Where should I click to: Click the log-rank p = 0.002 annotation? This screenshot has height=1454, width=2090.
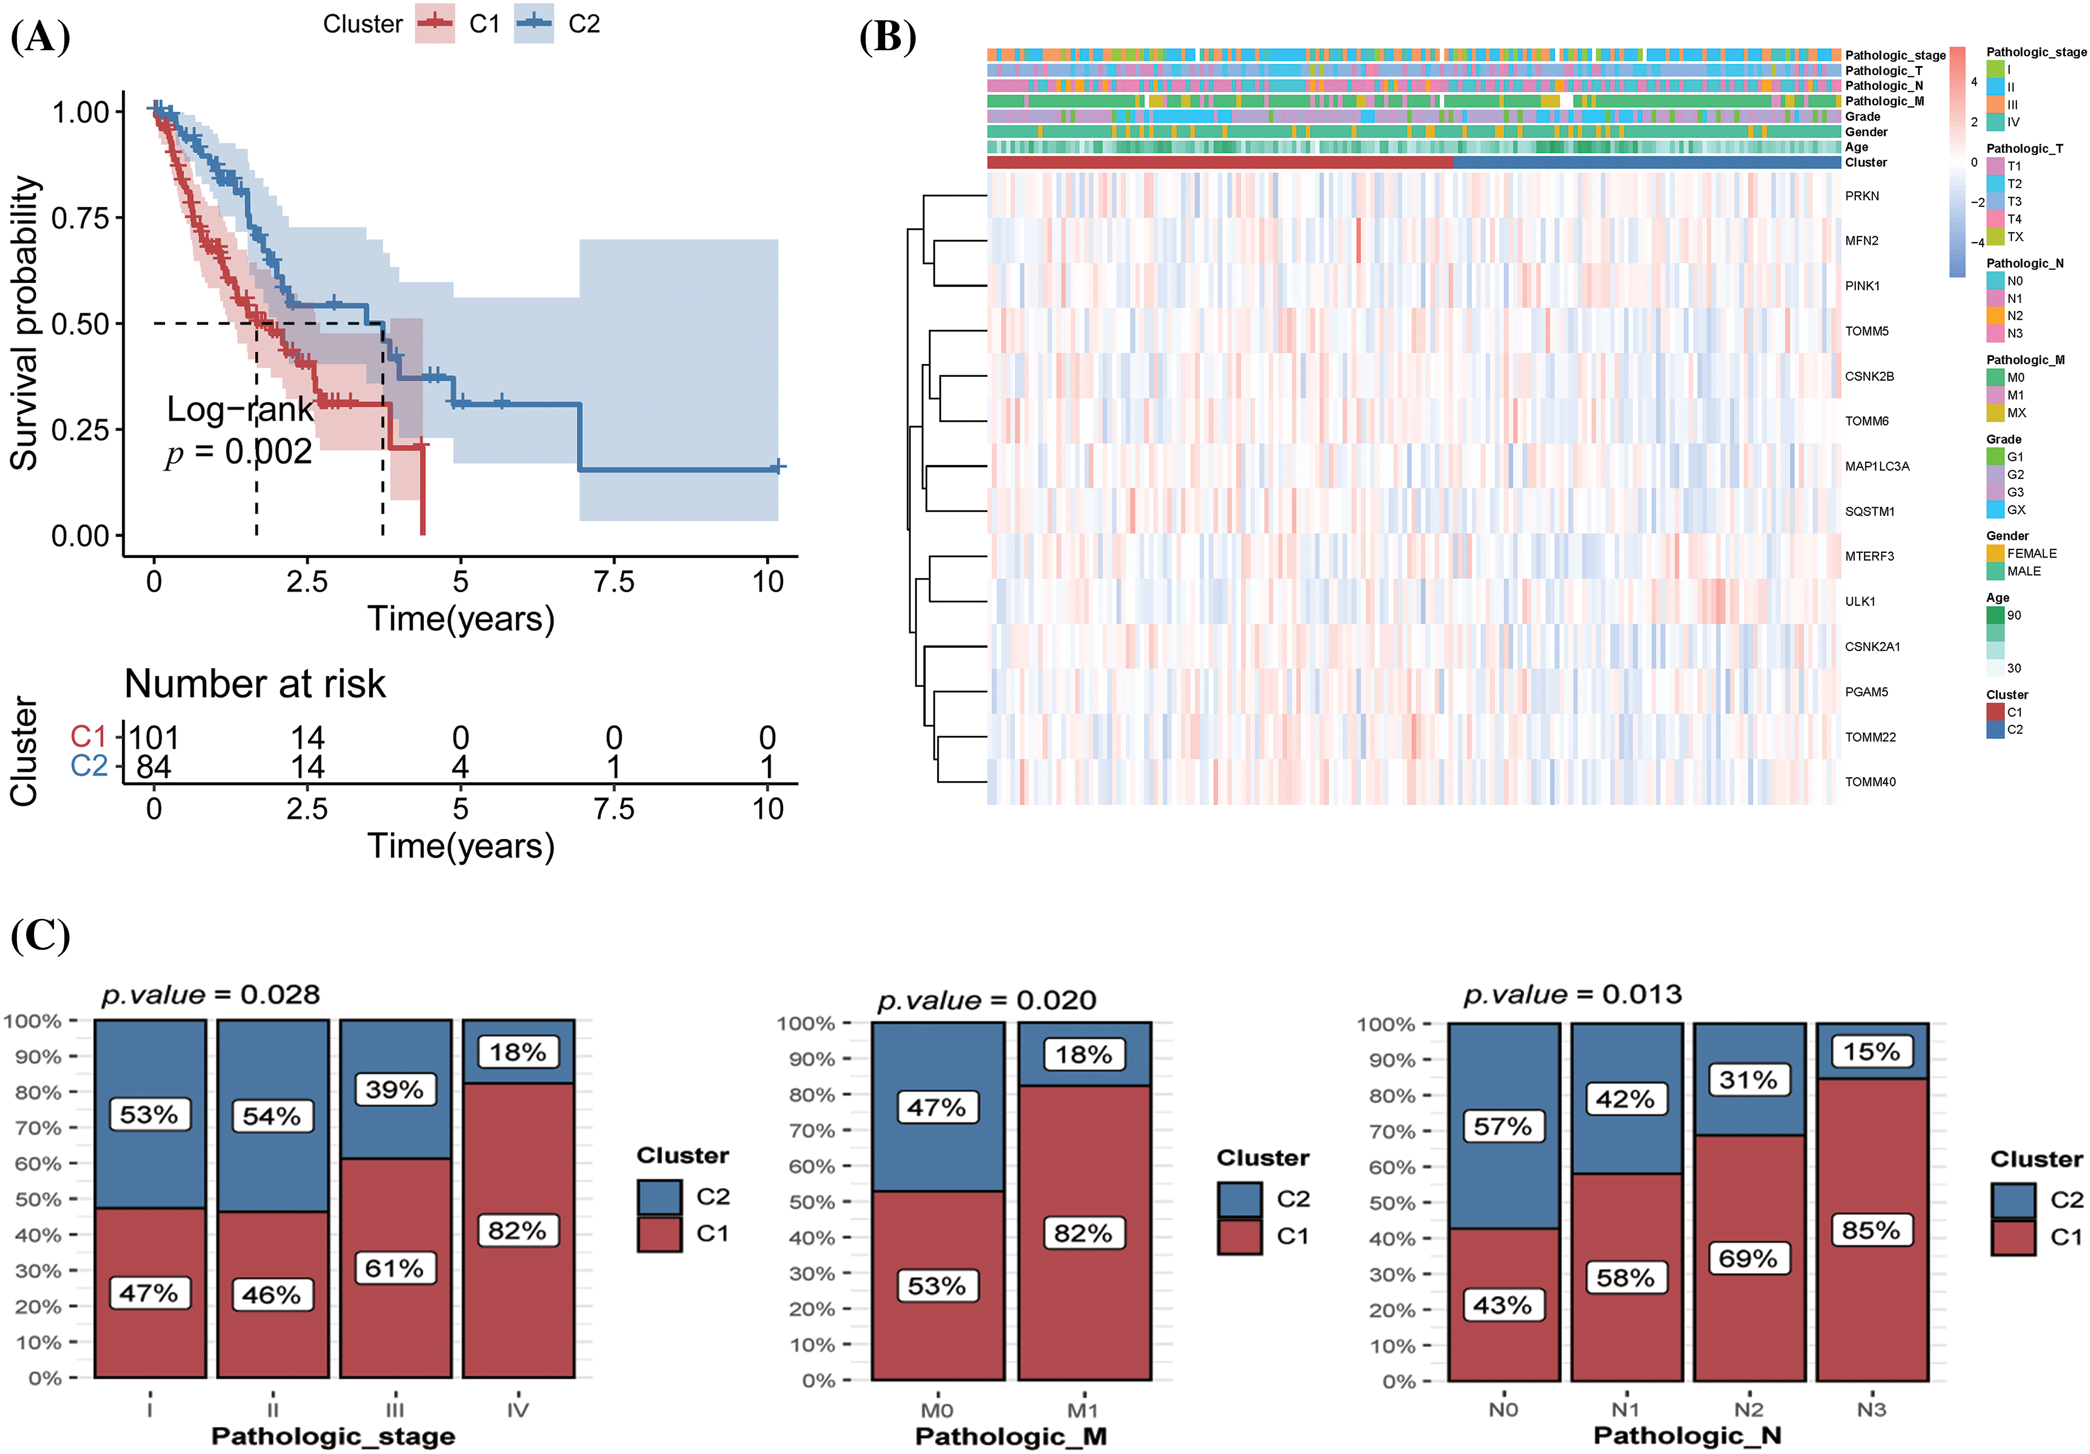tap(239, 431)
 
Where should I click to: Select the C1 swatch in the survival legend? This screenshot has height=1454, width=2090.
tap(435, 24)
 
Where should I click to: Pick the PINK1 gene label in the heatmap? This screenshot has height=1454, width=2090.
tap(1862, 286)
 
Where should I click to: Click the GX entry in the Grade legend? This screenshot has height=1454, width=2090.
tap(2016, 510)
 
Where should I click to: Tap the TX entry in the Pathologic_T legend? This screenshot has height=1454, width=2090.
tap(2015, 237)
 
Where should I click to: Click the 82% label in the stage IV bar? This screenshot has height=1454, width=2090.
tap(517, 1231)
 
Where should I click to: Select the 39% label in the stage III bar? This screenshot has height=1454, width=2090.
tap(394, 1090)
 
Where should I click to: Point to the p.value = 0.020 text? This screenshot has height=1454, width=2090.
tap(986, 1001)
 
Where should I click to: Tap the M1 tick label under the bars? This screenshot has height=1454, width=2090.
tap(1082, 1410)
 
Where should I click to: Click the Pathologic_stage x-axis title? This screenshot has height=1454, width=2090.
tap(333, 1437)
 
